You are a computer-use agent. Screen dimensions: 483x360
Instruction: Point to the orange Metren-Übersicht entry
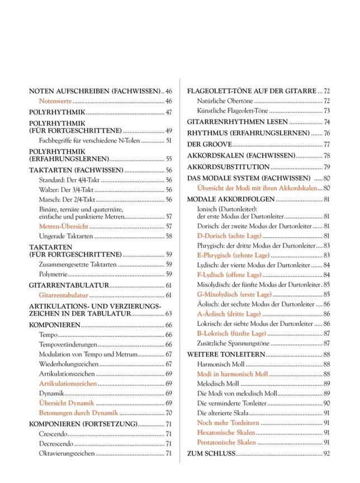coord(63,226)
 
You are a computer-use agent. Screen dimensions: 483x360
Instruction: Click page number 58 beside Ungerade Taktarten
coord(168,236)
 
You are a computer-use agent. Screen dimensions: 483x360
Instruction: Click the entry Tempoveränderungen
coord(68,344)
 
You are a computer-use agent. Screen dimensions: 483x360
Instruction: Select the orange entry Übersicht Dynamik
coord(66,402)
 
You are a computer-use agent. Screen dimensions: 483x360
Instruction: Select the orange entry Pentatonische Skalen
coord(226,442)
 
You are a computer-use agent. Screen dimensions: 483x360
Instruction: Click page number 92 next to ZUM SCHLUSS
coord(327,453)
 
